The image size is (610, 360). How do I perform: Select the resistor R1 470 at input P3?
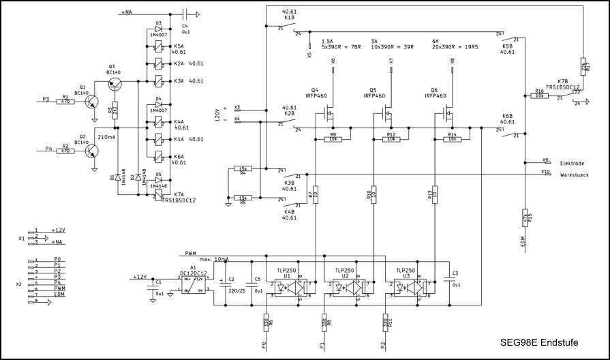65,100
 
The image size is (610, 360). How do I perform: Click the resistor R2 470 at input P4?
65,149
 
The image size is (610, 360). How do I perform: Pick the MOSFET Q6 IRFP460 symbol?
446,110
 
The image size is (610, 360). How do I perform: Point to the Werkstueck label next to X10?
573,175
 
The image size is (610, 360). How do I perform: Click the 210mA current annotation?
107,137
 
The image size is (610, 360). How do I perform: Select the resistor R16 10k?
538,95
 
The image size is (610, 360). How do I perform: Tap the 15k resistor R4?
243,169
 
